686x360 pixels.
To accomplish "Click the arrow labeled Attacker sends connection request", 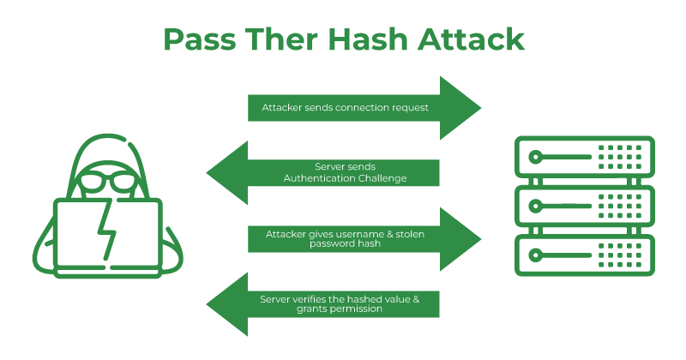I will tap(360, 108).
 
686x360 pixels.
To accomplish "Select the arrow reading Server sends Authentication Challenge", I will tap(326, 172).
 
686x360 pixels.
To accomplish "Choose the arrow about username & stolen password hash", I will tap(360, 238).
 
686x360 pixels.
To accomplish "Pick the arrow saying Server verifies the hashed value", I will tap(326, 304).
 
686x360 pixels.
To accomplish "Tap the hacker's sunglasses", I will tap(106, 183).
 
